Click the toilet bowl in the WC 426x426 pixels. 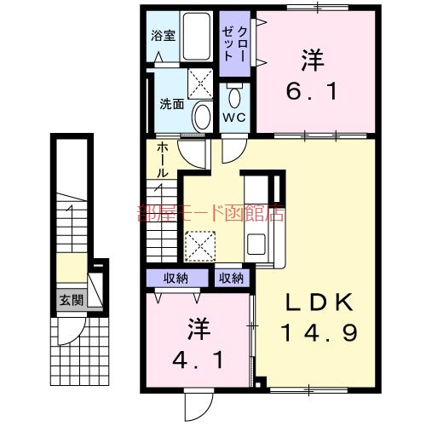click(x=235, y=94)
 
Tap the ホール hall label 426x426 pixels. click(x=161, y=160)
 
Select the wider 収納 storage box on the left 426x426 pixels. click(x=176, y=278)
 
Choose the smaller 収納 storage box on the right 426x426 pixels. click(x=230, y=278)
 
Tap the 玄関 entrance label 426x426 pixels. click(x=71, y=300)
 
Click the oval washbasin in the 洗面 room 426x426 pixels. click(x=201, y=117)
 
